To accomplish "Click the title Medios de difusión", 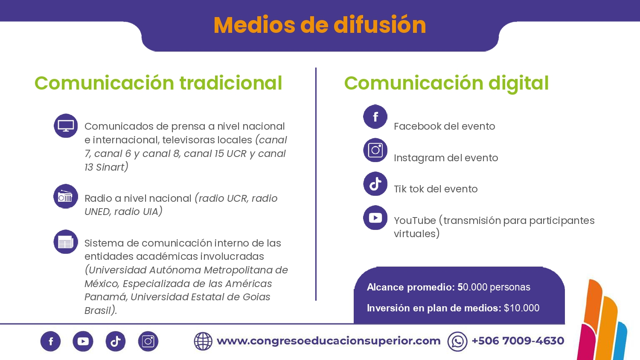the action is coord(320,25).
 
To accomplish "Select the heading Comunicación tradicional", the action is coord(158,83).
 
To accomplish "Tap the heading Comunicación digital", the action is coord(446,84).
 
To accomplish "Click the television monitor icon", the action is coord(66,126).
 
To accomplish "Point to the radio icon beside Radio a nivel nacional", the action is coord(66,196).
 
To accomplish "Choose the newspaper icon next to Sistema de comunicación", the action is coord(66,242).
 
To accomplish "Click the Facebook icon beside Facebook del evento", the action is coord(375,116).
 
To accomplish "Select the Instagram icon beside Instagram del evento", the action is coord(375,150).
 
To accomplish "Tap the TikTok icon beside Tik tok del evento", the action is coord(375,184).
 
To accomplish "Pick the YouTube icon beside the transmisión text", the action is coord(375,218).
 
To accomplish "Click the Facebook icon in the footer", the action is coord(51,341).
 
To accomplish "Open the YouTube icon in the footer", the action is coord(83,341).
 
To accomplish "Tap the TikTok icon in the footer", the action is coord(116,341).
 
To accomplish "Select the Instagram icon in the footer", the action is coord(148,341).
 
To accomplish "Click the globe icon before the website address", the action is coord(203,341).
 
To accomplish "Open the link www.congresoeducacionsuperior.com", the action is coord(329,341).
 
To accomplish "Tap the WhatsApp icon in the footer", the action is coord(457,341).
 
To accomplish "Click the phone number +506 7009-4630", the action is coord(518,340).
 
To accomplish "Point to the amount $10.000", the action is coord(522,308).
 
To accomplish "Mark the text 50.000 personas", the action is coord(494,287).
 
